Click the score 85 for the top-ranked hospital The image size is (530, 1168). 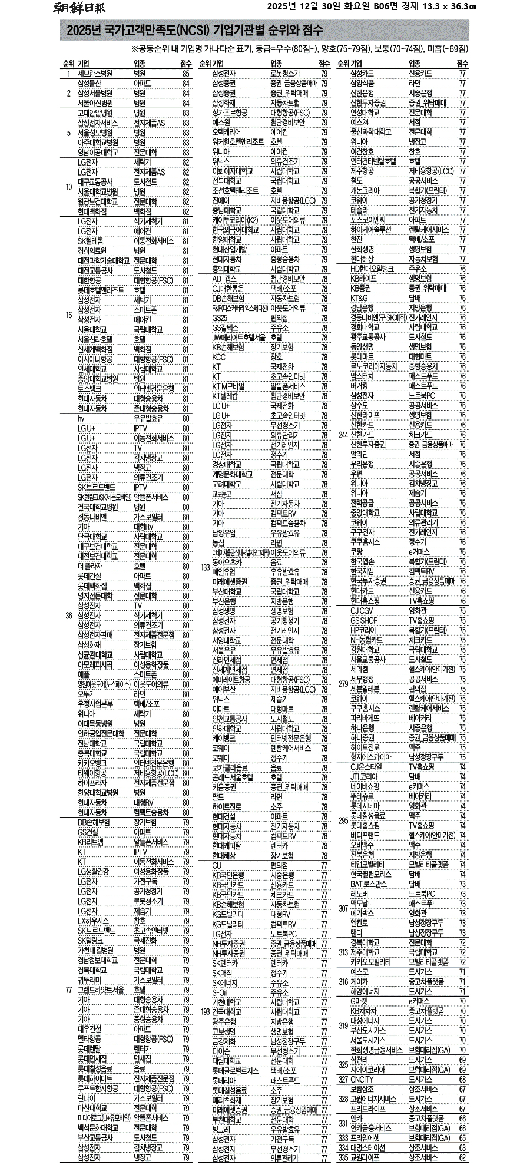coord(186,74)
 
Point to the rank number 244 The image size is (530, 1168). coord(343,435)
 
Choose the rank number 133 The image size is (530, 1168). coord(205,567)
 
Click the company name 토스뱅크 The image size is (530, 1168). coord(89,389)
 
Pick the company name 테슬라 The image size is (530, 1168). coord(359,210)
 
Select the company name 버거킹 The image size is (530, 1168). coord(359,386)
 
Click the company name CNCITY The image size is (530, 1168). coord(362,1079)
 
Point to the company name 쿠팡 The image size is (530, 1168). coord(356,552)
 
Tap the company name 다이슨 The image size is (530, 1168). coord(221,1050)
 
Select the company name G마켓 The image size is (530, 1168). coord(359,1001)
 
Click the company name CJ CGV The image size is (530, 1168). coord(362,611)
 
